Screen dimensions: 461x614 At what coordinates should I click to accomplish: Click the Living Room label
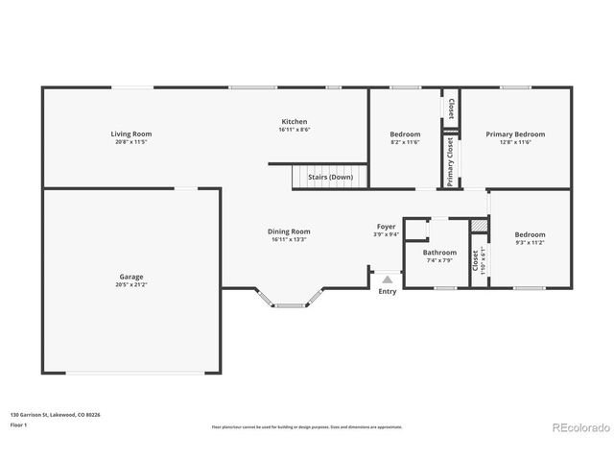point(130,133)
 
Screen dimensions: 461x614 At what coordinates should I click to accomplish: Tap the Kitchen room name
point(294,122)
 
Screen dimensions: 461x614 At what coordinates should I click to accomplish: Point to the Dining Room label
point(289,231)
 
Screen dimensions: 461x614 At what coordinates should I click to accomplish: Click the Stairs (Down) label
point(330,178)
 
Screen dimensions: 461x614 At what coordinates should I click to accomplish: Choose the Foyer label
point(386,227)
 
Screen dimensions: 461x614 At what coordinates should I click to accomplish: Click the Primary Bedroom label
point(515,133)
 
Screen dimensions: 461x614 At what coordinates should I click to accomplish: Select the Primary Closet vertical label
point(449,161)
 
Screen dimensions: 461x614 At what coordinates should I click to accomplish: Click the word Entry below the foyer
point(387,291)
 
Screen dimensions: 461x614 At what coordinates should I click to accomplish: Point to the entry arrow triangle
point(387,279)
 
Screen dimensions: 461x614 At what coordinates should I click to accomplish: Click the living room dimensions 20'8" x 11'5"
point(130,142)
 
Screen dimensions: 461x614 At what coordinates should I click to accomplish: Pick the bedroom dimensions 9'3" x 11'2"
point(530,243)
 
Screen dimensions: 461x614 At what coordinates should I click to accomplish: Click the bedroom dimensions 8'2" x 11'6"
point(405,142)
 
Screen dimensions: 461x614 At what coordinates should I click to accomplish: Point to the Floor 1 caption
point(17,425)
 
